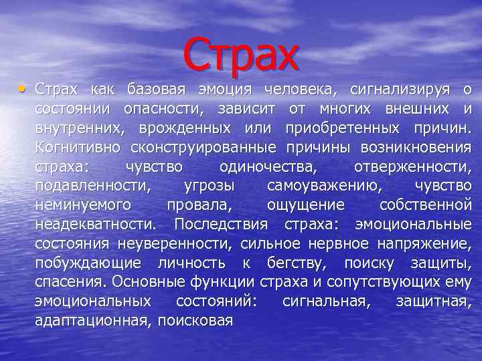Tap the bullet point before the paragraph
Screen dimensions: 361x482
point(24,89)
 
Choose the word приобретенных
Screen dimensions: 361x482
point(339,128)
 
